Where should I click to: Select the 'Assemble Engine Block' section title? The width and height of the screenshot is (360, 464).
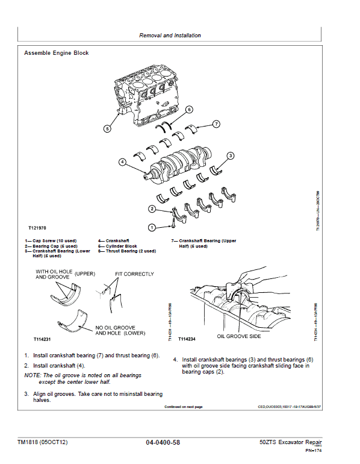(56, 53)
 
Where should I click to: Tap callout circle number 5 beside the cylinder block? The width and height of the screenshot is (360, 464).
(107, 128)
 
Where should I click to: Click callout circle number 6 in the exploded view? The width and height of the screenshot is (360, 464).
(189, 110)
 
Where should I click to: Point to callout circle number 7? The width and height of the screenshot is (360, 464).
(217, 124)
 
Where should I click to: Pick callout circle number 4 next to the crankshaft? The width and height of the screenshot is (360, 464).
(122, 161)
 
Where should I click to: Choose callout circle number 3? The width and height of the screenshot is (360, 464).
(230, 155)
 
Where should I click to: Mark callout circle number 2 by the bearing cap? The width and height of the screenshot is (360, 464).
(152, 209)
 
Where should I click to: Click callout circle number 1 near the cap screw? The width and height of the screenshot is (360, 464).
(152, 227)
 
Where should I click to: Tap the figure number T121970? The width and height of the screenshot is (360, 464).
(37, 229)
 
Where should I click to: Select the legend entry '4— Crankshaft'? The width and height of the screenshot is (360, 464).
(117, 240)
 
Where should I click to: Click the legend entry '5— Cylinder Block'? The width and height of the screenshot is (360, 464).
(121, 246)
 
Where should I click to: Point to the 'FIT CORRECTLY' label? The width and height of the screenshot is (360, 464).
(134, 274)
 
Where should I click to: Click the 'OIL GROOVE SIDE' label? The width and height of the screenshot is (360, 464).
(238, 336)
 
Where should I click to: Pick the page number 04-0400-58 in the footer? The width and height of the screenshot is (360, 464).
(163, 442)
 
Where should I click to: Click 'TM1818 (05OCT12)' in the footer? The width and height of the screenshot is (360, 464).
(42, 442)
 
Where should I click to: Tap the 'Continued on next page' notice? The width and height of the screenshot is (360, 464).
(184, 407)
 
